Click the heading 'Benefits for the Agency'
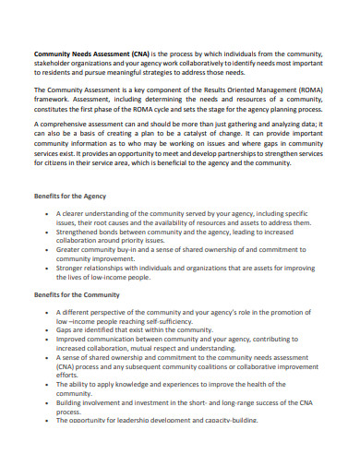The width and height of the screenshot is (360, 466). click(x=69, y=197)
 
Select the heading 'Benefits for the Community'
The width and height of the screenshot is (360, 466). click(x=77, y=294)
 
